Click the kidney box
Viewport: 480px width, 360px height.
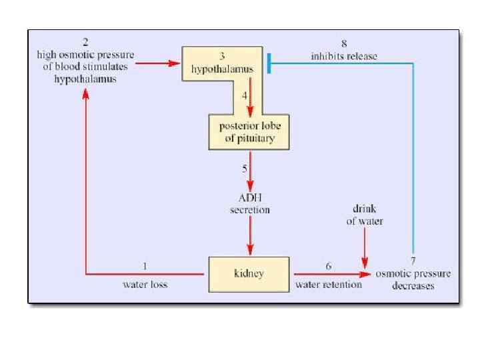pos(249,273)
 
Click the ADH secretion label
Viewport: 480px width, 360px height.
pos(250,204)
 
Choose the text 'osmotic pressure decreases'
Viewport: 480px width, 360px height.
pos(413,280)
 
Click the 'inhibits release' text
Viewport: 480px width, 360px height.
pos(343,56)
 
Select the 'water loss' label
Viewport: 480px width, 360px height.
pos(145,285)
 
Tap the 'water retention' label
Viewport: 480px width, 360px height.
pos(329,285)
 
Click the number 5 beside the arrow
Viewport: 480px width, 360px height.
pos(245,167)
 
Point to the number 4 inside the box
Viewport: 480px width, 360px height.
pos(245,95)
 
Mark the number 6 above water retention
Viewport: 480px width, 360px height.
pos(329,266)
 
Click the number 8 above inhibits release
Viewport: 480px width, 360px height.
pos(343,44)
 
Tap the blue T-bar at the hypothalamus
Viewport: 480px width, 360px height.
pos(268,63)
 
